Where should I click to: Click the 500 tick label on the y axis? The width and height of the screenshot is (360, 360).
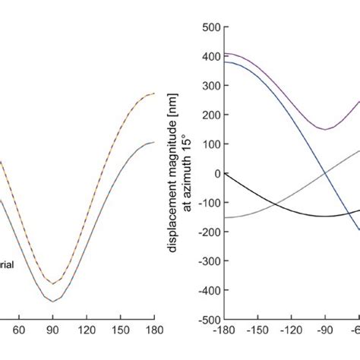(210, 27)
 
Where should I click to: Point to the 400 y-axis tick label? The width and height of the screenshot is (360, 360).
(210, 57)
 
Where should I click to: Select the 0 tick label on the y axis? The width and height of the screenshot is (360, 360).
(215, 174)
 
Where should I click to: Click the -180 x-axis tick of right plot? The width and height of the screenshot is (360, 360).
(225, 332)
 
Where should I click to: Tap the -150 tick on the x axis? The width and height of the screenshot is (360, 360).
(258, 332)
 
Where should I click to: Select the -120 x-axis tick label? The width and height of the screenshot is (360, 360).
(292, 332)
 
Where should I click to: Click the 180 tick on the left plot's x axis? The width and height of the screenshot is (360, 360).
(154, 332)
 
